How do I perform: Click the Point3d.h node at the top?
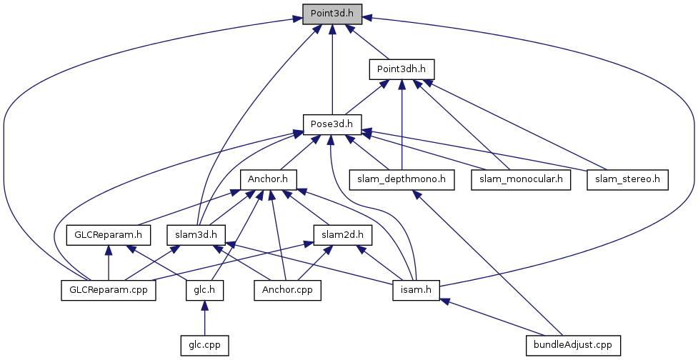point(332,14)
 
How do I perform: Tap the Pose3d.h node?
point(332,124)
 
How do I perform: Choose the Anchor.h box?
point(269,179)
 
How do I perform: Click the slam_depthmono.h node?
point(402,179)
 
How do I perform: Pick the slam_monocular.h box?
point(522,179)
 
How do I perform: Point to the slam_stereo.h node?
point(627,179)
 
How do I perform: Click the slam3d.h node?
point(196,234)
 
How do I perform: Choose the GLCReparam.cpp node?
point(107,290)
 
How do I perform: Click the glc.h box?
point(204,290)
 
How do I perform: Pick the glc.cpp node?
point(204,344)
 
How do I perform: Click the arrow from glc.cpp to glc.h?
point(204,317)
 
